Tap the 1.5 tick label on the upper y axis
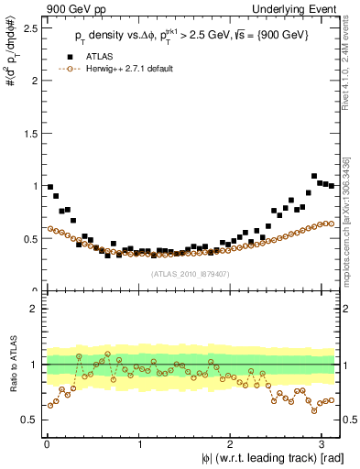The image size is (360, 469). pyautogui.click(x=30, y=133)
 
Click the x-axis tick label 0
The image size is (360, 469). pyautogui.click(x=46, y=444)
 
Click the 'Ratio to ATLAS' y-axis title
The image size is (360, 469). pyautogui.click(x=10, y=366)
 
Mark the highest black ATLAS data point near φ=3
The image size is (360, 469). pyautogui.click(x=314, y=176)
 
